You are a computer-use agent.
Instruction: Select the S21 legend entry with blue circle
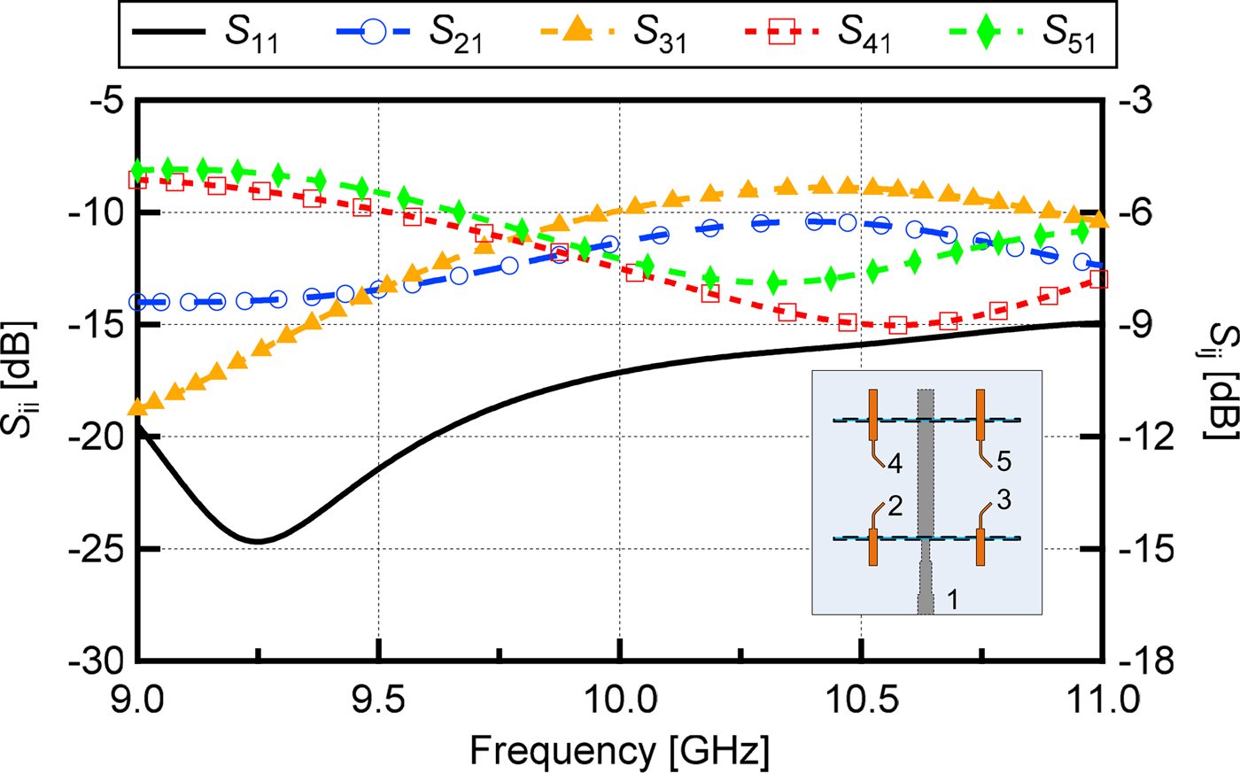pos(409,33)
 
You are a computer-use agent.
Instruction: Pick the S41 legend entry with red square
pos(817,33)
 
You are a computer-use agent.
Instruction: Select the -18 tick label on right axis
pos(1146,661)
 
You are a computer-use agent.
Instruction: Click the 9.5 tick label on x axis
pos(378,702)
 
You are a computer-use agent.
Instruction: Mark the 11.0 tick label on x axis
pos(1100,702)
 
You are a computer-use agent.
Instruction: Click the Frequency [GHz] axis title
pos(619,751)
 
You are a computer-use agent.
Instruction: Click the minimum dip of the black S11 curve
pos(257,541)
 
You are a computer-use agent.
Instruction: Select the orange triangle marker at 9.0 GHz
pos(137,407)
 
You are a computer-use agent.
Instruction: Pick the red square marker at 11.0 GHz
pos(1099,279)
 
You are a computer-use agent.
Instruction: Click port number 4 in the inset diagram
pos(895,462)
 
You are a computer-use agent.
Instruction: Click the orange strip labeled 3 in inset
pos(980,546)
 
